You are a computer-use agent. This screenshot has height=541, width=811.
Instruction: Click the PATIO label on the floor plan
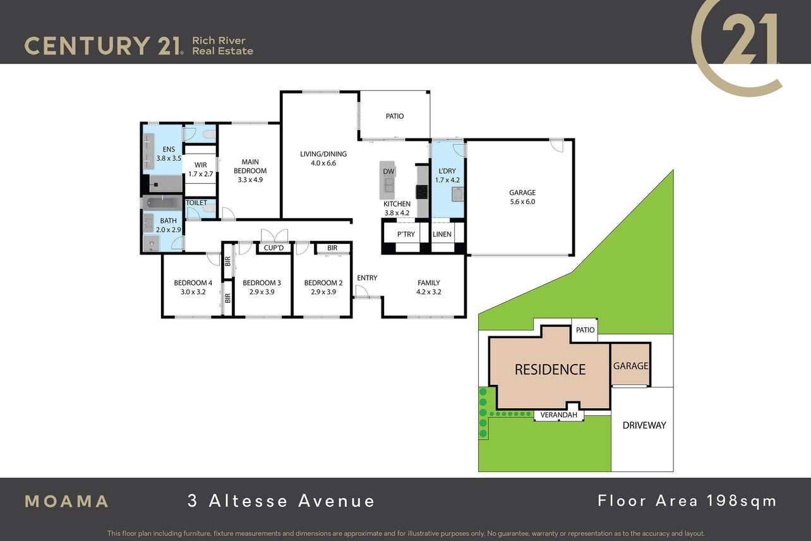coord(395,116)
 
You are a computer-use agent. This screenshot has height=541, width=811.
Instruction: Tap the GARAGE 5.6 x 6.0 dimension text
coord(522,202)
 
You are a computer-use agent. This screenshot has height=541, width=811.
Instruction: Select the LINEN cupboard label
coord(442,234)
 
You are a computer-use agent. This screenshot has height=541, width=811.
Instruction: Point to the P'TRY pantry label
coord(406,234)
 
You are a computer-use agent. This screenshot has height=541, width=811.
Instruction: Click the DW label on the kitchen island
coord(388,171)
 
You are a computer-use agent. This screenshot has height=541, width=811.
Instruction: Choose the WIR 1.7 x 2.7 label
coord(201,169)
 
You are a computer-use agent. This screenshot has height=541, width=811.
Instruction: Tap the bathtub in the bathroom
coord(162,203)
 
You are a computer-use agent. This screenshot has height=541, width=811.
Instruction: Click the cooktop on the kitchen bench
coord(422,191)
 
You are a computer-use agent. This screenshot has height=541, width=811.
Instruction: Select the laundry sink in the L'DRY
coord(458,194)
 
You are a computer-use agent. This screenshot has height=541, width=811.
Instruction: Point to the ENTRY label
coord(367,278)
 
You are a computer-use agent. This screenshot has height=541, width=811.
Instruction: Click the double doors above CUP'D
coord(274,236)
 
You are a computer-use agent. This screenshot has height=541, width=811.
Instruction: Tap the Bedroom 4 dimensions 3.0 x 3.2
coord(193,292)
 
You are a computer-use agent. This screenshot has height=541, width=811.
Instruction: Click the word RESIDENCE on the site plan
coord(550,370)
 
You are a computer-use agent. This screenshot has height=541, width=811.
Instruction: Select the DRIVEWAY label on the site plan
coord(644,425)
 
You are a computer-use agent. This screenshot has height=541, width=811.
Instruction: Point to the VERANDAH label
coord(558,415)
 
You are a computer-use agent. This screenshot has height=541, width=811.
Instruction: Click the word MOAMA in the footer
coord(66,502)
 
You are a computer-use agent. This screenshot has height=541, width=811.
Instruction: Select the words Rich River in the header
coord(219,40)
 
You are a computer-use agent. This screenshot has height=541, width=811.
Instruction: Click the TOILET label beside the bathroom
coord(196,203)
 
